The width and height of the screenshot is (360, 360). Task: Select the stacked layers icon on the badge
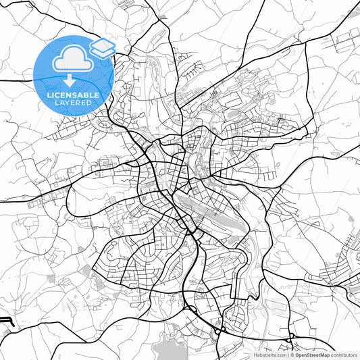[102, 49]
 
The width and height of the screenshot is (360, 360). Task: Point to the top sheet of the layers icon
[102, 45]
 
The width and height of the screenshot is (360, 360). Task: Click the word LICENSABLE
[74, 95]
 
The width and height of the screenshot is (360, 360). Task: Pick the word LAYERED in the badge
[74, 103]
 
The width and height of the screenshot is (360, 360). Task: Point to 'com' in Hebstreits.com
[280, 355]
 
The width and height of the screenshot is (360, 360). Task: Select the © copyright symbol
[293, 355]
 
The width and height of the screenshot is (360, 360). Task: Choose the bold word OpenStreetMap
[313, 355]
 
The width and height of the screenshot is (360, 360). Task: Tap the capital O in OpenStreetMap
[298, 355]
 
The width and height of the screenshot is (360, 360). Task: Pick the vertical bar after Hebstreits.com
[288, 355]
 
